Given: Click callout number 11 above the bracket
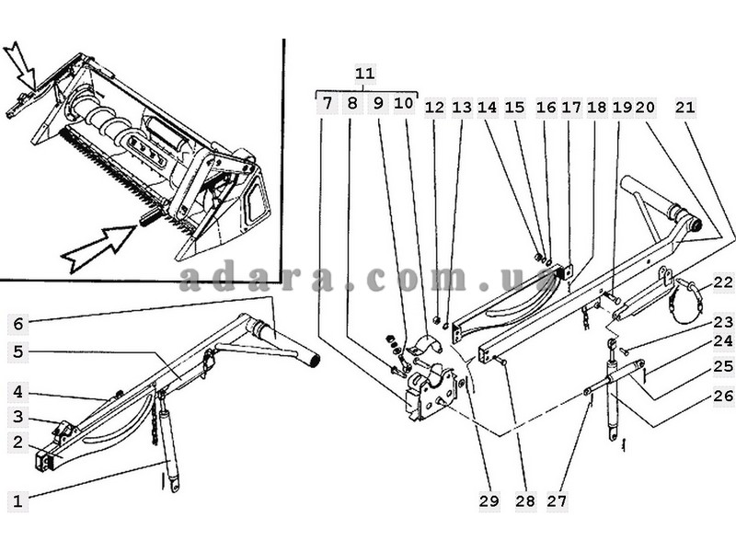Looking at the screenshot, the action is coord(364,74).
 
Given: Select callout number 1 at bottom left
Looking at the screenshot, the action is coord(17,500).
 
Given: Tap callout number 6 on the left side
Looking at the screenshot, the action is coord(17,324).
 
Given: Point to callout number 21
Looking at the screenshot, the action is coord(684,108).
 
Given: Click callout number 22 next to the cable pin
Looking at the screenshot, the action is coord(723,282).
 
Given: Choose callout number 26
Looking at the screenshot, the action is coord(723,396).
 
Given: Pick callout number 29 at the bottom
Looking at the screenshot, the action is coord(489,500).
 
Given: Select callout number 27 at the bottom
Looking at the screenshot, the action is coord(557,500).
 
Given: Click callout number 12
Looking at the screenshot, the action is coord(434,108).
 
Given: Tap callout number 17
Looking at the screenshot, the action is coord(571,108).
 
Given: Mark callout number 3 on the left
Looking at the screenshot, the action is coord(17,417).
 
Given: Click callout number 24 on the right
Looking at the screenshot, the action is coord(723,341).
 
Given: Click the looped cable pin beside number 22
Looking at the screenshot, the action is coord(686,300).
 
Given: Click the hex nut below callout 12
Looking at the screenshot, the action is coord(435,320).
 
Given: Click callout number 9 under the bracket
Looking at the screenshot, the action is coord(378,103).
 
